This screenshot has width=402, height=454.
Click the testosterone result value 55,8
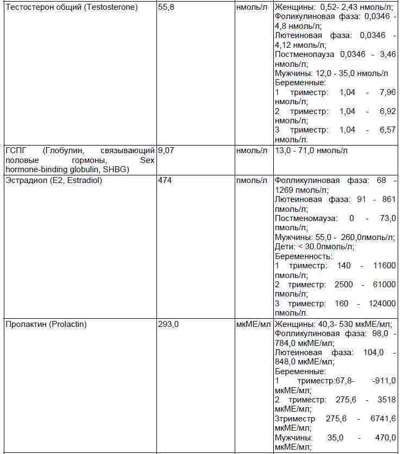tap(166, 8)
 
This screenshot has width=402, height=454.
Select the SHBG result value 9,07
tap(166, 150)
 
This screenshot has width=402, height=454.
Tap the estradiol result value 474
tap(165, 180)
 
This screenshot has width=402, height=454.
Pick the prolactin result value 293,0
tap(168, 325)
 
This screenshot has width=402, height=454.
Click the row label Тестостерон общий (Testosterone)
tap(71, 8)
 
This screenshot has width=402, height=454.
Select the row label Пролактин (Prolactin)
tap(46, 325)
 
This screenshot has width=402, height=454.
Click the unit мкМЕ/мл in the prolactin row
tap(253, 325)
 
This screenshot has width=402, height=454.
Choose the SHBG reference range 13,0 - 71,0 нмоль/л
tap(311, 150)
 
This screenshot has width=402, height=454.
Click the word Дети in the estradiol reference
tap(285, 247)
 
